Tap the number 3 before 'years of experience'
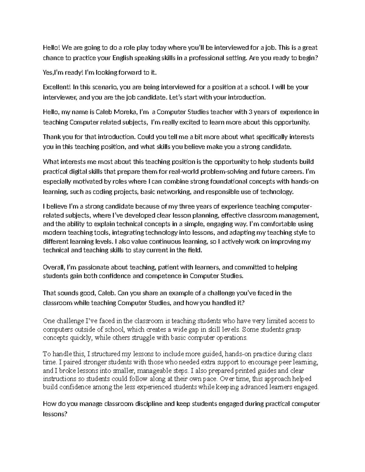250,112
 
